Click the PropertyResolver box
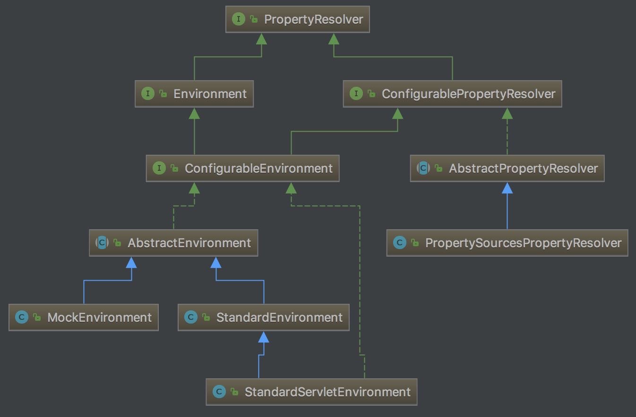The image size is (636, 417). click(298, 19)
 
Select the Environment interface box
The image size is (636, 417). click(194, 94)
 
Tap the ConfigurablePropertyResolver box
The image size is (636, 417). click(452, 94)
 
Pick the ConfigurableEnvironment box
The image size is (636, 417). click(242, 168)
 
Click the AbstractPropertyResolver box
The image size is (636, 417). click(507, 168)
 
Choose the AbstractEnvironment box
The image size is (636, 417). click(173, 243)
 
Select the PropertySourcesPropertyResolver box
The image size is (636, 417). click(507, 243)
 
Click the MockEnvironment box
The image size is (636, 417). click(84, 317)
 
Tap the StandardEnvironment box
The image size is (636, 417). click(264, 317)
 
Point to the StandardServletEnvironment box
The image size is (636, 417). click(311, 392)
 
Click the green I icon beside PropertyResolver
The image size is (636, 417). click(239, 19)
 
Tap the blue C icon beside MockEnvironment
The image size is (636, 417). click(22, 317)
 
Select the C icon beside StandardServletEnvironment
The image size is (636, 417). click(219, 392)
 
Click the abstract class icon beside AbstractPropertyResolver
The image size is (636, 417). click(423, 168)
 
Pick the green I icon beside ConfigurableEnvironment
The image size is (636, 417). click(159, 168)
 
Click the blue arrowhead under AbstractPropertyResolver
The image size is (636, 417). click(507, 188)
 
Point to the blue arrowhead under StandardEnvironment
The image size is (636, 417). click(264, 337)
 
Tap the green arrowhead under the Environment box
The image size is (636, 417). click(194, 113)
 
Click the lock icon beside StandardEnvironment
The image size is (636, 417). click(206, 317)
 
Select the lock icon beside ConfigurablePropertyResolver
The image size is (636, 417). click(371, 93)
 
